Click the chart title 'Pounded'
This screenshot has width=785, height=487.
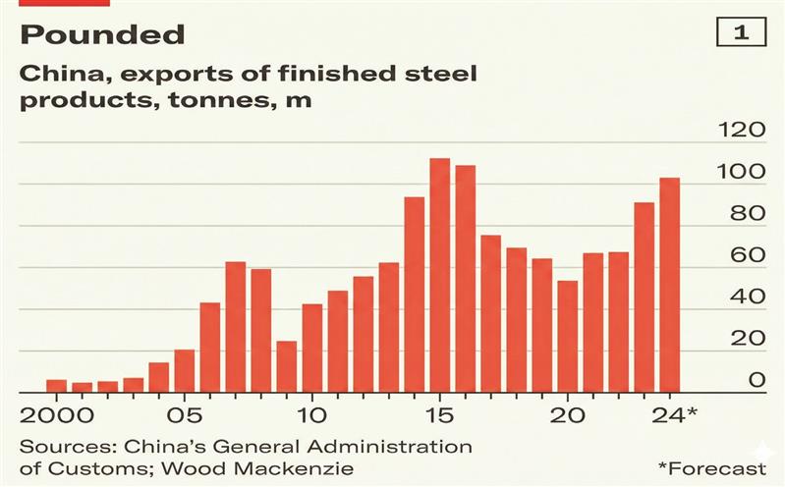point(102,35)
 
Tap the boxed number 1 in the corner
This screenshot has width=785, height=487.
point(742,32)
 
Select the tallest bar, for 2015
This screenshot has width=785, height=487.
point(440,275)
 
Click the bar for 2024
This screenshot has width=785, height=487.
point(670,285)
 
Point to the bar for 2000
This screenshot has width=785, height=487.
point(57,386)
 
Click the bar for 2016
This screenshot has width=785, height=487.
point(466,279)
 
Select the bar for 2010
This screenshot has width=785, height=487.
point(312,348)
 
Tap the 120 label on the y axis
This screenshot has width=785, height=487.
point(742,132)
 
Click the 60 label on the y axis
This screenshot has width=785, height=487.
point(748,256)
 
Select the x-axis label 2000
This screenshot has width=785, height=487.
point(56,413)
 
